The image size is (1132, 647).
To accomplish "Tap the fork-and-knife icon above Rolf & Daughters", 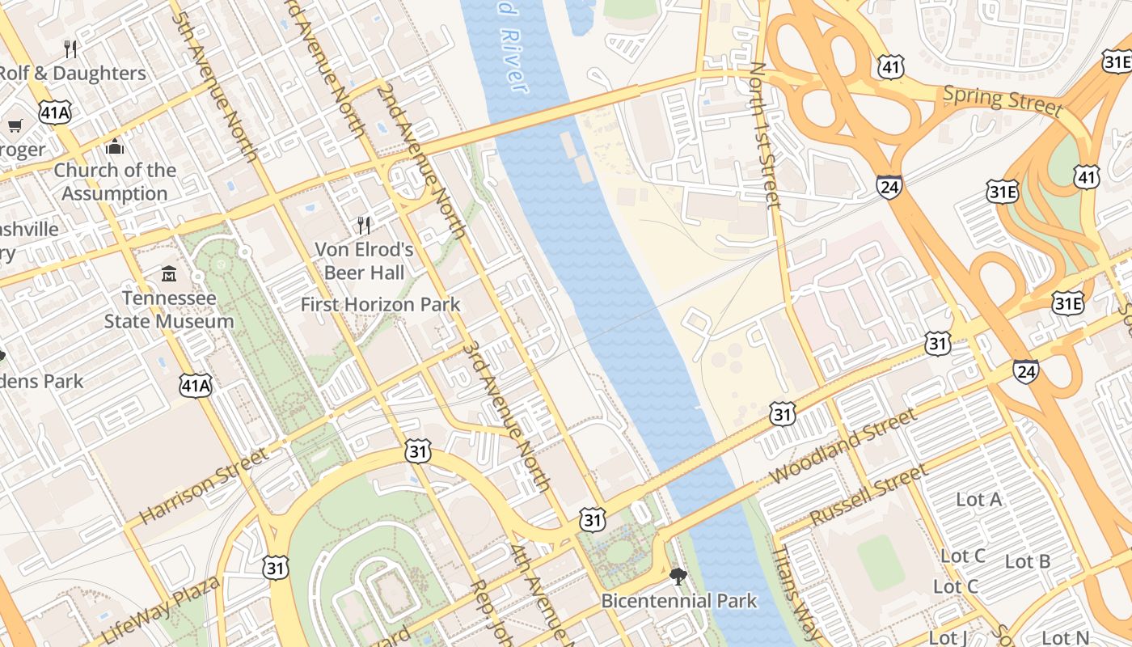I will click(x=71, y=49).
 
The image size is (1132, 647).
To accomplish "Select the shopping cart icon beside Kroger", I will click(x=15, y=125).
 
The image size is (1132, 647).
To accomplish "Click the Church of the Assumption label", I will click(x=115, y=182).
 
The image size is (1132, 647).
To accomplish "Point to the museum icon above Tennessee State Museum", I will click(x=169, y=274).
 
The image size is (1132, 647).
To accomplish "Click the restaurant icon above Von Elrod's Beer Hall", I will click(x=364, y=225).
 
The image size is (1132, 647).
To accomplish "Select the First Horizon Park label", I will click(x=380, y=305).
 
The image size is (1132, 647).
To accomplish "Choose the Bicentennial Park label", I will click(x=679, y=601).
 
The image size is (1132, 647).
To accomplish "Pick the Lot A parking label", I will click(x=978, y=500).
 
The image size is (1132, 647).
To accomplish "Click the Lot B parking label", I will click(x=1027, y=561).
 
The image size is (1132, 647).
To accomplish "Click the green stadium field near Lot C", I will click(x=881, y=561).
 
